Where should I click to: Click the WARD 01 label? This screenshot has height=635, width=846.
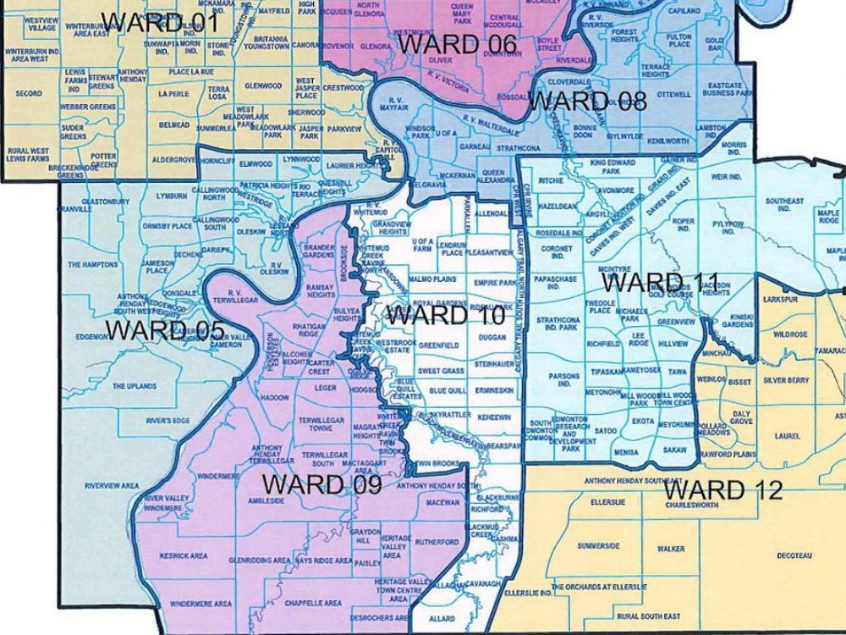coord(165,22)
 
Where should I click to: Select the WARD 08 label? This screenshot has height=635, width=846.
coord(588,101)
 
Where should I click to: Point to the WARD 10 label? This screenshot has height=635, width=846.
coord(446,316)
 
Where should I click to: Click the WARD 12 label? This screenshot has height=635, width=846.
coord(723,490)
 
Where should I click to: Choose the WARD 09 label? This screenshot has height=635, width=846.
coord(321,485)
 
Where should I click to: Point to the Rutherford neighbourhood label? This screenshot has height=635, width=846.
coord(437,542)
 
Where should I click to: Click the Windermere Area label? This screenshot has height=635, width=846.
coord(201,604)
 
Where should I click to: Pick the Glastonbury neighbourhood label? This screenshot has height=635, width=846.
coord(106,202)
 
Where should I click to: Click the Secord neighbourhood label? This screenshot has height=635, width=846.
coord(28,94)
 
